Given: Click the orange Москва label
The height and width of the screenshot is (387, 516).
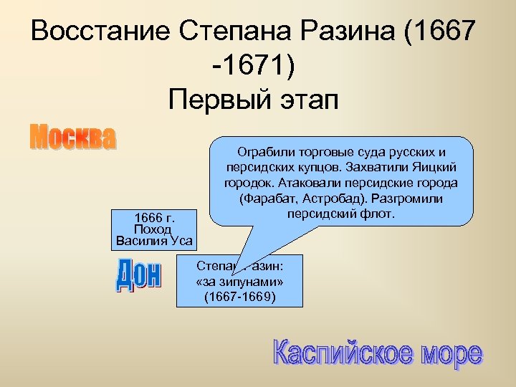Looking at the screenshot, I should (72, 138).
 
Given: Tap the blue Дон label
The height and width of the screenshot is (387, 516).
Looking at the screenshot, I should (138, 276).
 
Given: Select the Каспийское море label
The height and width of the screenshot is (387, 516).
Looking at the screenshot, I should (377, 354).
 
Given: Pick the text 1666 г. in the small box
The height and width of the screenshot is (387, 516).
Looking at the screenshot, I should (156, 216).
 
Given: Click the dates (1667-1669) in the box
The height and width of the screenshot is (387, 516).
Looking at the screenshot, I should (239, 295).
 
